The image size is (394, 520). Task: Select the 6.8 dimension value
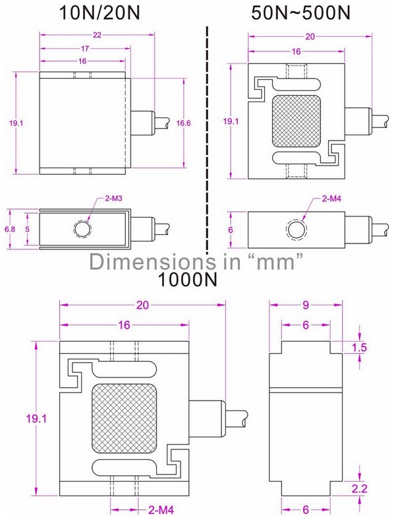9,229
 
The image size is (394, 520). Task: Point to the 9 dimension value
306,305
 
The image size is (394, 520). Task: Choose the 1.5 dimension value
359,348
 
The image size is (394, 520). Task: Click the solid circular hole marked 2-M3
82,229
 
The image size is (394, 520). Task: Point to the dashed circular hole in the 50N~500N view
296,229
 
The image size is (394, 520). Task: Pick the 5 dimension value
27,229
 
